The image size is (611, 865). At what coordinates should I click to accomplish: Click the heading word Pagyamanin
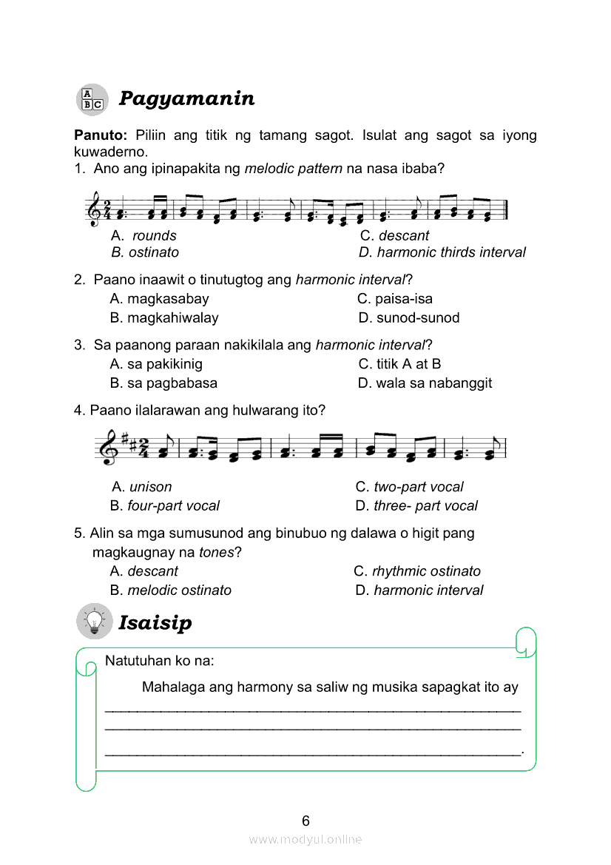click(x=186, y=98)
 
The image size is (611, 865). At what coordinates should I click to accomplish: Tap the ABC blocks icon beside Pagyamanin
click(x=92, y=99)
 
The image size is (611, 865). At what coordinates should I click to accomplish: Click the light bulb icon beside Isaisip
click(x=94, y=622)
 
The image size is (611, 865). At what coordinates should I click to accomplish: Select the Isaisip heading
click(x=155, y=622)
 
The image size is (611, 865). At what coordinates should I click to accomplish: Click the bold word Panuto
click(x=101, y=135)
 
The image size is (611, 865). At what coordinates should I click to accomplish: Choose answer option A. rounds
click(x=144, y=235)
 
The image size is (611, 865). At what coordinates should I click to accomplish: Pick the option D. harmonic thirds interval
click(x=442, y=252)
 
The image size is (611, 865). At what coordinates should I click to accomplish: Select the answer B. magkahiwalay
click(x=164, y=317)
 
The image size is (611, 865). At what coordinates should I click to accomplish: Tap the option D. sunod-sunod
click(x=409, y=317)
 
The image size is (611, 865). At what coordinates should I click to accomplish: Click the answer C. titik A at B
click(x=400, y=364)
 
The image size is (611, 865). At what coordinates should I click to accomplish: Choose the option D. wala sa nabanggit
click(x=425, y=383)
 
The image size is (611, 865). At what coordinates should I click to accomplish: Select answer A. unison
click(x=142, y=487)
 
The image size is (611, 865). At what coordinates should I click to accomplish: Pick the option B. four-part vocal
click(x=165, y=505)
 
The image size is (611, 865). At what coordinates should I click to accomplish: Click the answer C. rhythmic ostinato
click(x=417, y=571)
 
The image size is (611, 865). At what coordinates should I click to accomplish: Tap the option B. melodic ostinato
click(x=171, y=590)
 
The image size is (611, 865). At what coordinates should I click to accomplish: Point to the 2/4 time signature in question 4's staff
click(x=145, y=448)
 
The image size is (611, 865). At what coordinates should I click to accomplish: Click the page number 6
click(x=305, y=821)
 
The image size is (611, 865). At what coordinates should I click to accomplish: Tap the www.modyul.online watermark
click(x=305, y=840)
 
